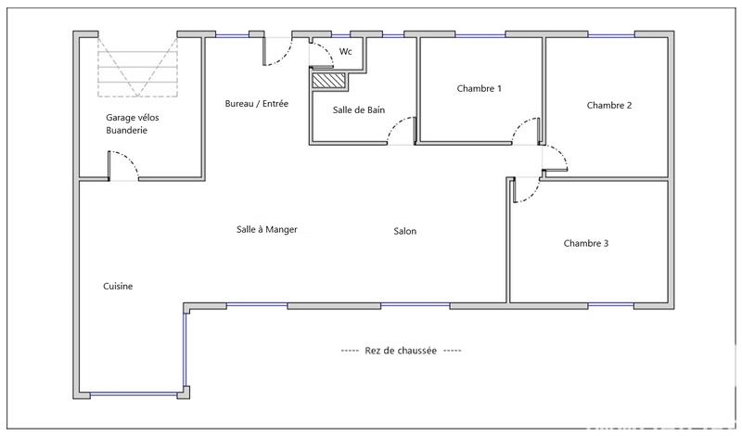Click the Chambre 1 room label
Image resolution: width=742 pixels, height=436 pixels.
click(480, 89)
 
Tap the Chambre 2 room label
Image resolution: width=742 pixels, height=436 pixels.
click(609, 106)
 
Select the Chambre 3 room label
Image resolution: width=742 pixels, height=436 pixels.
click(586, 244)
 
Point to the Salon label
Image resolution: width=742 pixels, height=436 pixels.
click(404, 232)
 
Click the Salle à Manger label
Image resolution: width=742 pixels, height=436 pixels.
click(267, 230)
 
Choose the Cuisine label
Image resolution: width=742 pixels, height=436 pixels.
click(118, 287)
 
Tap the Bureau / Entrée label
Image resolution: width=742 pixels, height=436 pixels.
click(257, 104)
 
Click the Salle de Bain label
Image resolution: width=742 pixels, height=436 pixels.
click(359, 110)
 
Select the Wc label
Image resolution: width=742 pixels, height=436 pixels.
click(346, 52)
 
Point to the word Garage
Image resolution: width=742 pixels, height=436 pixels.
click(119, 118)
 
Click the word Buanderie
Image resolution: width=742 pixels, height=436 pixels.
click(127, 131)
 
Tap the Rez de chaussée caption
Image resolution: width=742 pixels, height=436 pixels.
click(401, 351)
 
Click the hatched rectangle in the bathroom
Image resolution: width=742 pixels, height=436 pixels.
click(327, 82)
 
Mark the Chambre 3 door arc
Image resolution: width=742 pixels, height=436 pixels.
click(525, 189)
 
